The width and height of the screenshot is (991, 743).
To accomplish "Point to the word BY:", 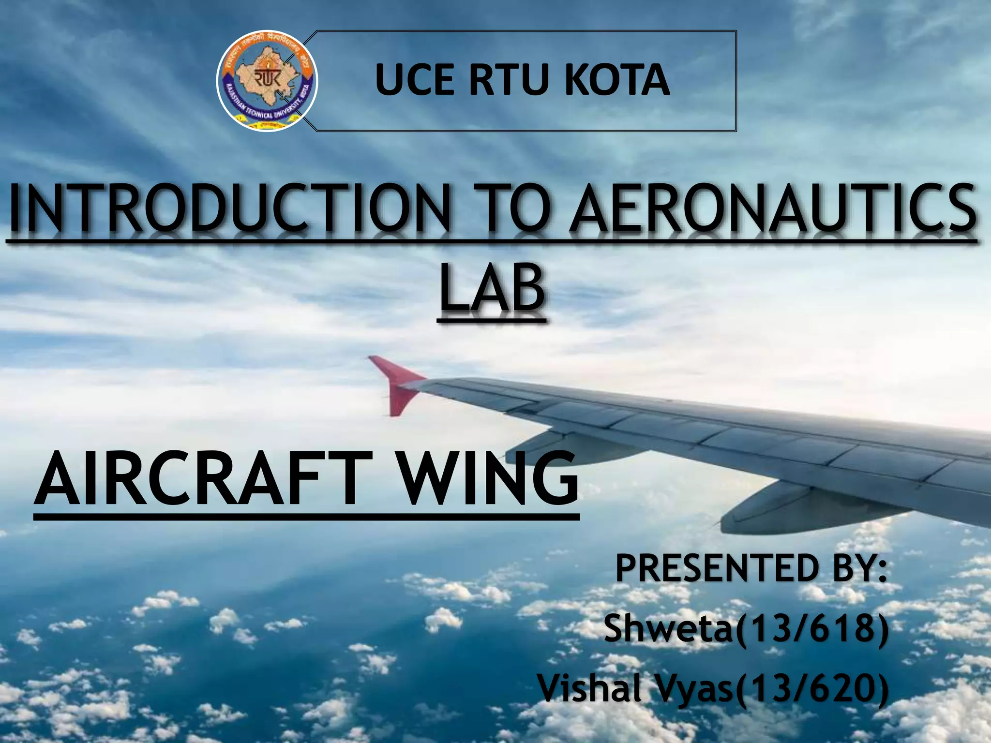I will pyautogui.click(x=855, y=570).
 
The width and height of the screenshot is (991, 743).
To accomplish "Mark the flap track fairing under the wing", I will pyautogui.click(x=769, y=508).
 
